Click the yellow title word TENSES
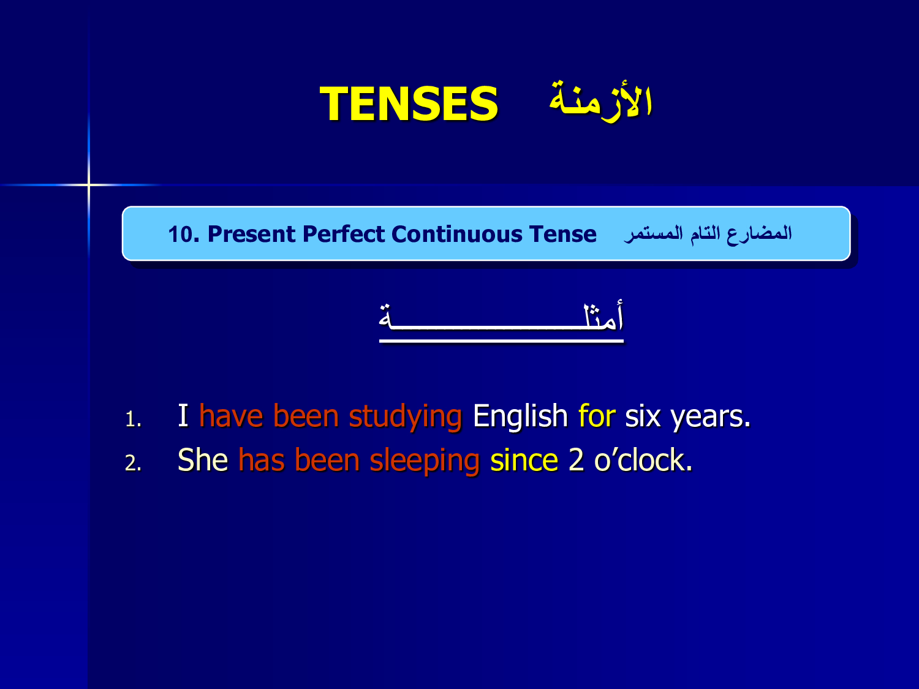409,103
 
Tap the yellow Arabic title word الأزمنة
600,100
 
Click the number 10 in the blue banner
183,235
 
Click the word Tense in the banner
562,234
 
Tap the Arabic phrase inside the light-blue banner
708,234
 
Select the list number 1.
133,419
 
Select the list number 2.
133,463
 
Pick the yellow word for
597,416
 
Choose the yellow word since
524,460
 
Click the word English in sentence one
520,417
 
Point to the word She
203,459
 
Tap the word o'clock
643,459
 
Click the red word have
231,416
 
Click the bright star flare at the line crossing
89,184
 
